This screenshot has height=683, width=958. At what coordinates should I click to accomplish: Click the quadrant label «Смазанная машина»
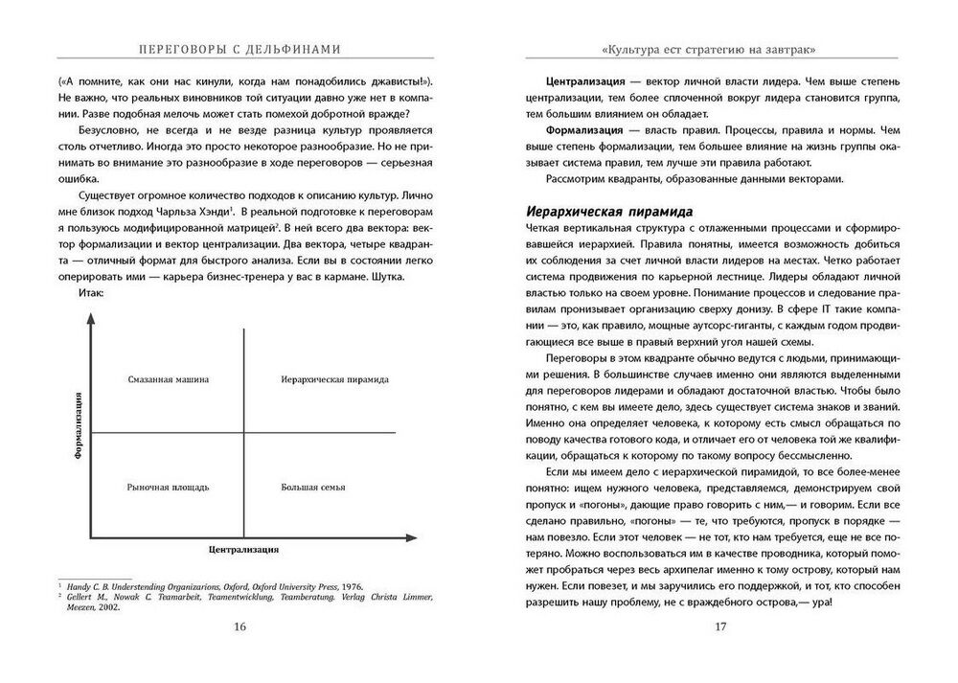click(x=169, y=379)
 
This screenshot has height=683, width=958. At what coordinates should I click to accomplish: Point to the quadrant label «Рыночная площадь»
click(x=168, y=487)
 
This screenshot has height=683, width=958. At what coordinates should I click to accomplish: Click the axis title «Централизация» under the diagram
click(x=243, y=551)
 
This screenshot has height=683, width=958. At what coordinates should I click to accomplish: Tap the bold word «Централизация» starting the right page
click(x=586, y=84)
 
